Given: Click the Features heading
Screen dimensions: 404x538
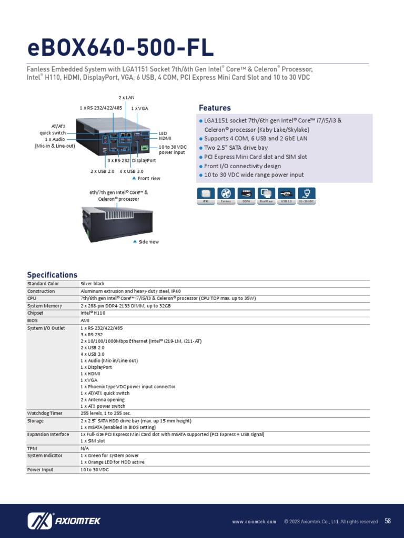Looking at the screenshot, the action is tap(215, 108).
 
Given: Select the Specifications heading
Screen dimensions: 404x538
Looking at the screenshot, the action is tap(52, 275).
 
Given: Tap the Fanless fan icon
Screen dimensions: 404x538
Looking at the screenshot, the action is tap(226, 194).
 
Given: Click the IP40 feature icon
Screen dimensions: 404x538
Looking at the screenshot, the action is tap(206, 194).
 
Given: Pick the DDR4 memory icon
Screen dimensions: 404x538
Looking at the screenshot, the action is tap(246, 194).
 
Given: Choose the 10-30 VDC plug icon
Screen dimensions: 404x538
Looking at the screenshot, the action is tap(307, 194).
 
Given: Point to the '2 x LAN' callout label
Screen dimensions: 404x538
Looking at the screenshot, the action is tap(126, 98).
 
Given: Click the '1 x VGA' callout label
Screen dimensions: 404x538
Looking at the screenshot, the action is tap(139, 108).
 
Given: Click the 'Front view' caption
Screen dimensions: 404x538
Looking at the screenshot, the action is tap(149, 179).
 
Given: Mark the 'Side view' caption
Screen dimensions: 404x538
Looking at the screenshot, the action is tap(148, 242).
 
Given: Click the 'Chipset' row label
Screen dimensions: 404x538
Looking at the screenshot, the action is tap(36, 313).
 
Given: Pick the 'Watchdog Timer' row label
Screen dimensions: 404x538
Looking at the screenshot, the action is tap(45, 413).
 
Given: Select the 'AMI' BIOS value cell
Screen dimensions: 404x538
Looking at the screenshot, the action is tap(85, 320).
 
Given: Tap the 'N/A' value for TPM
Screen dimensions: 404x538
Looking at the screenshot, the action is tap(85, 448).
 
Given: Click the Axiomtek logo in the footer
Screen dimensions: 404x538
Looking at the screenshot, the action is tap(64, 521).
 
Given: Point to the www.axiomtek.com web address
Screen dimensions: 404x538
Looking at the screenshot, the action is tap(254, 522).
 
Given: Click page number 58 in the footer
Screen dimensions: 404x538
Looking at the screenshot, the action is tap(388, 521).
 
